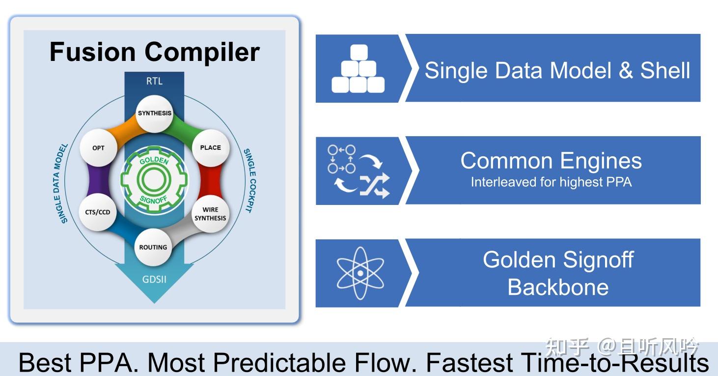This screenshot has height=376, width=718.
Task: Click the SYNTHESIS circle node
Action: (x=155, y=114)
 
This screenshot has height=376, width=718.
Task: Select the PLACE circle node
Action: (x=211, y=147)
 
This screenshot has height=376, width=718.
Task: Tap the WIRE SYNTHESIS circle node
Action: (x=210, y=214)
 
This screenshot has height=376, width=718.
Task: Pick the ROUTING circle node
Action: (x=153, y=247)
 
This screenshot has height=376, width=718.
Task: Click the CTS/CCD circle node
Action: (x=98, y=212)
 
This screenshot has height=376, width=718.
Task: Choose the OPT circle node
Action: (x=98, y=148)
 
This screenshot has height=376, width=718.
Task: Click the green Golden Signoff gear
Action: (x=154, y=180)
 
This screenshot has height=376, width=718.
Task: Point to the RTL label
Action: (x=154, y=81)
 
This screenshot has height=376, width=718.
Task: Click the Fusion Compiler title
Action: (x=154, y=52)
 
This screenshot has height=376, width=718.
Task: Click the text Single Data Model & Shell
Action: (x=557, y=70)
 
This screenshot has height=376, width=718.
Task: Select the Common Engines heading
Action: (x=551, y=161)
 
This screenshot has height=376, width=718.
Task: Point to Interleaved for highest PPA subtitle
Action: (x=551, y=182)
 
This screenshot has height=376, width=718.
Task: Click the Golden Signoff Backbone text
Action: (x=558, y=273)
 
